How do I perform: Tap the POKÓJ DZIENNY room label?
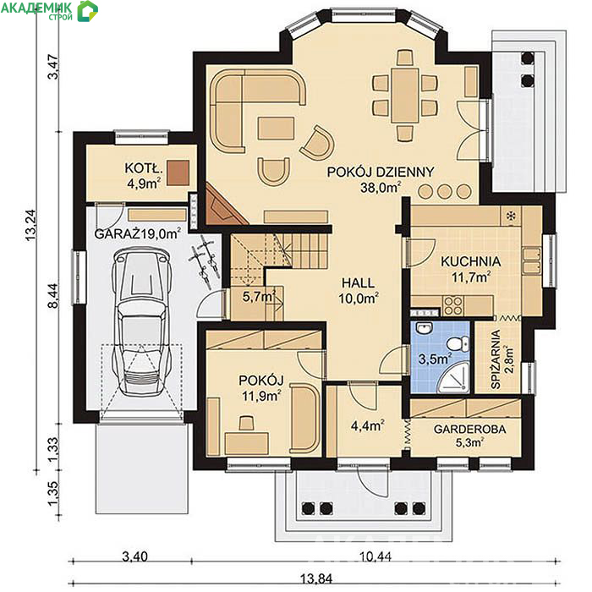tap(381, 173)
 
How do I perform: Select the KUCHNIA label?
tap(471, 261)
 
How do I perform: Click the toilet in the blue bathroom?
tap(458, 344)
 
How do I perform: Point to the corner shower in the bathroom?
tap(454, 376)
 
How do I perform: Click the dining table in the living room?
tap(405, 95)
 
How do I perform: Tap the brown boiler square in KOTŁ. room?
tap(178, 173)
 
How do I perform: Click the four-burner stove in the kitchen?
tap(453, 305)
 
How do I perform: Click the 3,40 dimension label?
tap(134, 556)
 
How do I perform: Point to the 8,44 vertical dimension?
tap(53, 296)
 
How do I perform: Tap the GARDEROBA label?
tap(469, 429)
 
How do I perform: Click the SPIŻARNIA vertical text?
tap(496, 359)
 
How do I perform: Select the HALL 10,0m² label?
tap(359, 290)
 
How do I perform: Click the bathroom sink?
tap(425, 328)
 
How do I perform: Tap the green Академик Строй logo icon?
tap(88, 10)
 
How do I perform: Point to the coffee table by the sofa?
tap(276, 128)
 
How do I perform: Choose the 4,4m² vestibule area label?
tap(367, 425)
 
